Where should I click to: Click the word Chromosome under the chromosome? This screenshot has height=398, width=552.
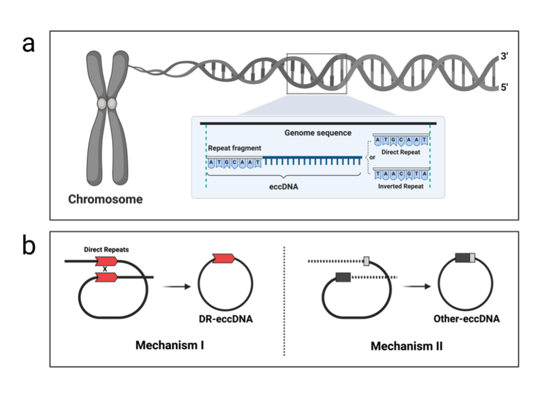tap(105, 199)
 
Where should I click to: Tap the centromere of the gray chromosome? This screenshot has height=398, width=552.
tap(107, 104)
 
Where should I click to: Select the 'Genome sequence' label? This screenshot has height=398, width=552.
tap(317, 133)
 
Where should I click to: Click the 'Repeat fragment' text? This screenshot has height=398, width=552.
tap(235, 148)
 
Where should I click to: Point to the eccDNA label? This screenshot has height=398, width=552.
tap(283, 187)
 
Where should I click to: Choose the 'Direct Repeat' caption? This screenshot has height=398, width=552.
tap(400, 152)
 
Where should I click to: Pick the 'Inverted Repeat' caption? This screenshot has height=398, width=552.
tap(400, 186)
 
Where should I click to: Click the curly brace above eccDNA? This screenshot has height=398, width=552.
tap(283, 177)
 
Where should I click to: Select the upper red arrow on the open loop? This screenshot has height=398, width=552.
tap(106, 261)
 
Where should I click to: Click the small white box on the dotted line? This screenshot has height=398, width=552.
tap(367, 261)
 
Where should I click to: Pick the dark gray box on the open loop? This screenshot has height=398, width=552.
tap(343, 276)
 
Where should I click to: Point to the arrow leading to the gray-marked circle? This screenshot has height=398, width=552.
tap(416, 286)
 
